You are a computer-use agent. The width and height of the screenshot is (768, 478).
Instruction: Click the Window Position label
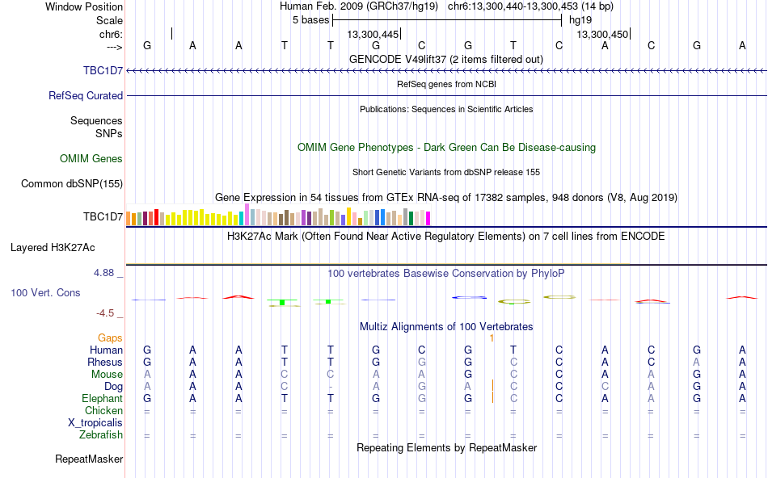tap(84, 6)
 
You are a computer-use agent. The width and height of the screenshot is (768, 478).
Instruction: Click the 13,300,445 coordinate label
tap(373, 34)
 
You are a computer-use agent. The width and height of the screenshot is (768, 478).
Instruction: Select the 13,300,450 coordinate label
tap(602, 34)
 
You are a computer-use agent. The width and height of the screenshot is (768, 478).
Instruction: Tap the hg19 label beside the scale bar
tap(580, 20)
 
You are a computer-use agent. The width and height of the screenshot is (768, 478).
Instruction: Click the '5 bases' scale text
tap(311, 20)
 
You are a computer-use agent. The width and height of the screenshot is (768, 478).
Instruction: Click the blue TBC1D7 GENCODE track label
tap(103, 70)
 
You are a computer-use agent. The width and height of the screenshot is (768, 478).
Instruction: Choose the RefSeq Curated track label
tap(86, 95)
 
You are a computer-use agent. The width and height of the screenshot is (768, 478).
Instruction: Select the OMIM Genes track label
tap(91, 158)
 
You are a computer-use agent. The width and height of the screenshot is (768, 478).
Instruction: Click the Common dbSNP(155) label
tap(72, 183)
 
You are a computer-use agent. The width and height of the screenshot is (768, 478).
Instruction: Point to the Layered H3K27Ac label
tap(53, 248)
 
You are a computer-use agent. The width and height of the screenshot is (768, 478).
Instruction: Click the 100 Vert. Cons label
tap(45, 292)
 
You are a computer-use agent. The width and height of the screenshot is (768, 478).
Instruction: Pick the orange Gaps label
tap(110, 338)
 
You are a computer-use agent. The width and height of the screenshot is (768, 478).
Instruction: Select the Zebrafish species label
tap(101, 435)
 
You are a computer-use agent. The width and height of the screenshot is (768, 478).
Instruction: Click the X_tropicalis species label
tap(95, 423)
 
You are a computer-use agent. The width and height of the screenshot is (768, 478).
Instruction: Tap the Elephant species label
tap(102, 399)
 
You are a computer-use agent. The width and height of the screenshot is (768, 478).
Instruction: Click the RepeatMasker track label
tap(89, 459)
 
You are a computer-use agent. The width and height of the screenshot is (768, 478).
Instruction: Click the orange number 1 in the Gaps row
tap(492, 338)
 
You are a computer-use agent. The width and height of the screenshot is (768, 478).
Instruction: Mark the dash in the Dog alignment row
tap(331, 387)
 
